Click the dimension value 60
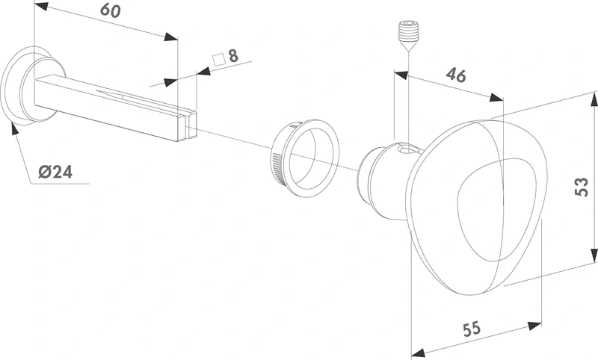[x=111, y=10]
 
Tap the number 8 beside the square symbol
[x=233, y=56]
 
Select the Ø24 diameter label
[x=55, y=173]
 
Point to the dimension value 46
[x=456, y=75]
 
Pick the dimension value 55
[x=472, y=329]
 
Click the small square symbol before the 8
[x=218, y=60]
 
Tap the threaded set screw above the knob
[x=408, y=36]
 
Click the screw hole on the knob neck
[x=406, y=149]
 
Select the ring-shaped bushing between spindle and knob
[x=305, y=158]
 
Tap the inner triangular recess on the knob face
[x=499, y=210]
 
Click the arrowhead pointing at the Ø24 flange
[x=13, y=128]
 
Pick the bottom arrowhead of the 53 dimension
[x=594, y=255]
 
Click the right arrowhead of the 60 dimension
[x=171, y=37]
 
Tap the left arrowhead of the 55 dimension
[x=419, y=353]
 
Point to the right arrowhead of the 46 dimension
[x=496, y=97]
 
